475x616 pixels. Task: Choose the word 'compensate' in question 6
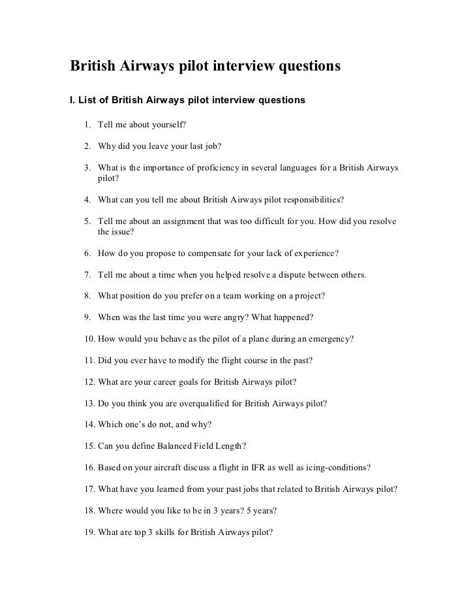[x=197, y=252]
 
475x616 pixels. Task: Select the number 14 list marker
[x=89, y=425]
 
